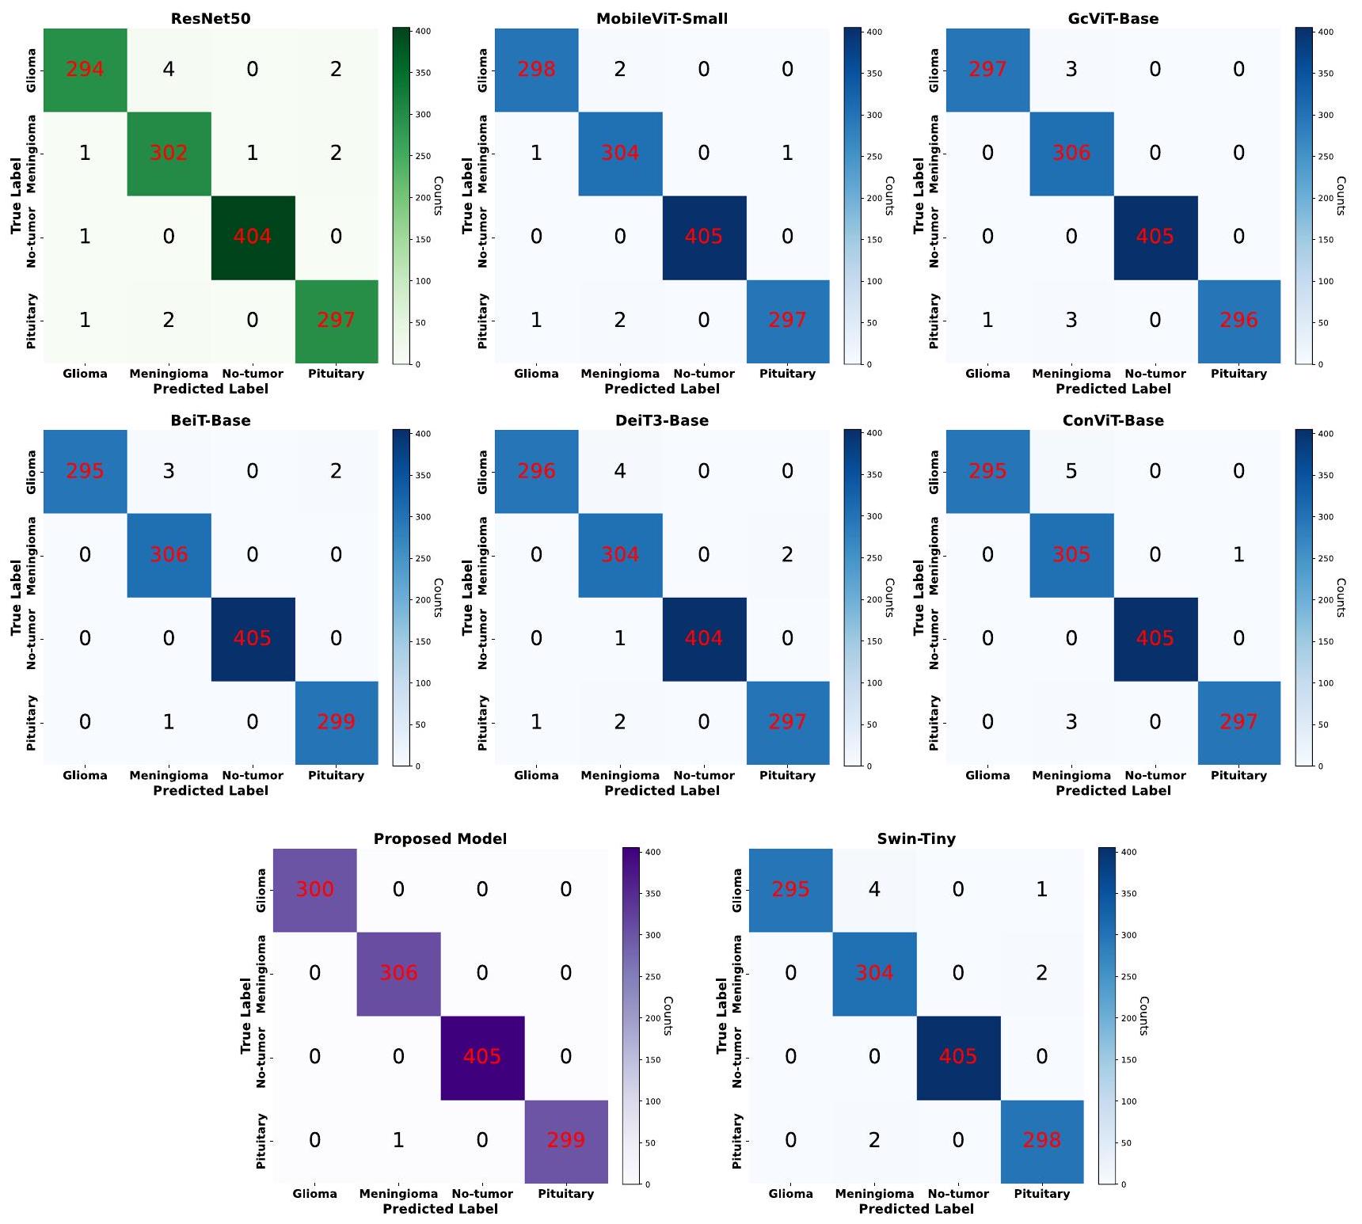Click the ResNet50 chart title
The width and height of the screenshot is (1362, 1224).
211,18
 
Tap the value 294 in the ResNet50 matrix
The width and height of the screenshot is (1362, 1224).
85,70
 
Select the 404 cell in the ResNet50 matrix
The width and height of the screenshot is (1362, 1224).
253,237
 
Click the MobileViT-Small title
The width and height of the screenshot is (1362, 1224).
662,18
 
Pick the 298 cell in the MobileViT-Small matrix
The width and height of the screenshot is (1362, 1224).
536,70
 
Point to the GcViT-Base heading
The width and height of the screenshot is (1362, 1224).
1113,18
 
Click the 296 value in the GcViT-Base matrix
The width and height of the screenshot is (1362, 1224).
1238,321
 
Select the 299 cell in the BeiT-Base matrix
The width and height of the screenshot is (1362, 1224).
336,722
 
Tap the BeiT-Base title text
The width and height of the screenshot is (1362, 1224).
211,420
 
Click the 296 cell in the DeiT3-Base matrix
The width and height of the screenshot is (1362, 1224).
536,471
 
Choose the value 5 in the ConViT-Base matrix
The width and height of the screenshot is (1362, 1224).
1071,471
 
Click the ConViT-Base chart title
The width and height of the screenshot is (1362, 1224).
1113,420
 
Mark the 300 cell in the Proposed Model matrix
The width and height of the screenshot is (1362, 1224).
314,890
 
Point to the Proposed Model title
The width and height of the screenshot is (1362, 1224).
440,838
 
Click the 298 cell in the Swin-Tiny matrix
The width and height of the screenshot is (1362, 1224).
1041,1141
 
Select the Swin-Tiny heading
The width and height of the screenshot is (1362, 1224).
916,838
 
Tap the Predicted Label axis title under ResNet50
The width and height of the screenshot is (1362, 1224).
211,389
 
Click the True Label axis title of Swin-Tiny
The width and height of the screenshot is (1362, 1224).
721,1016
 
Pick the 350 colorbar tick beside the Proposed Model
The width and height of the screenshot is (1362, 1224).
652,894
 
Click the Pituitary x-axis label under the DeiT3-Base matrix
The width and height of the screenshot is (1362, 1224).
787,775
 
